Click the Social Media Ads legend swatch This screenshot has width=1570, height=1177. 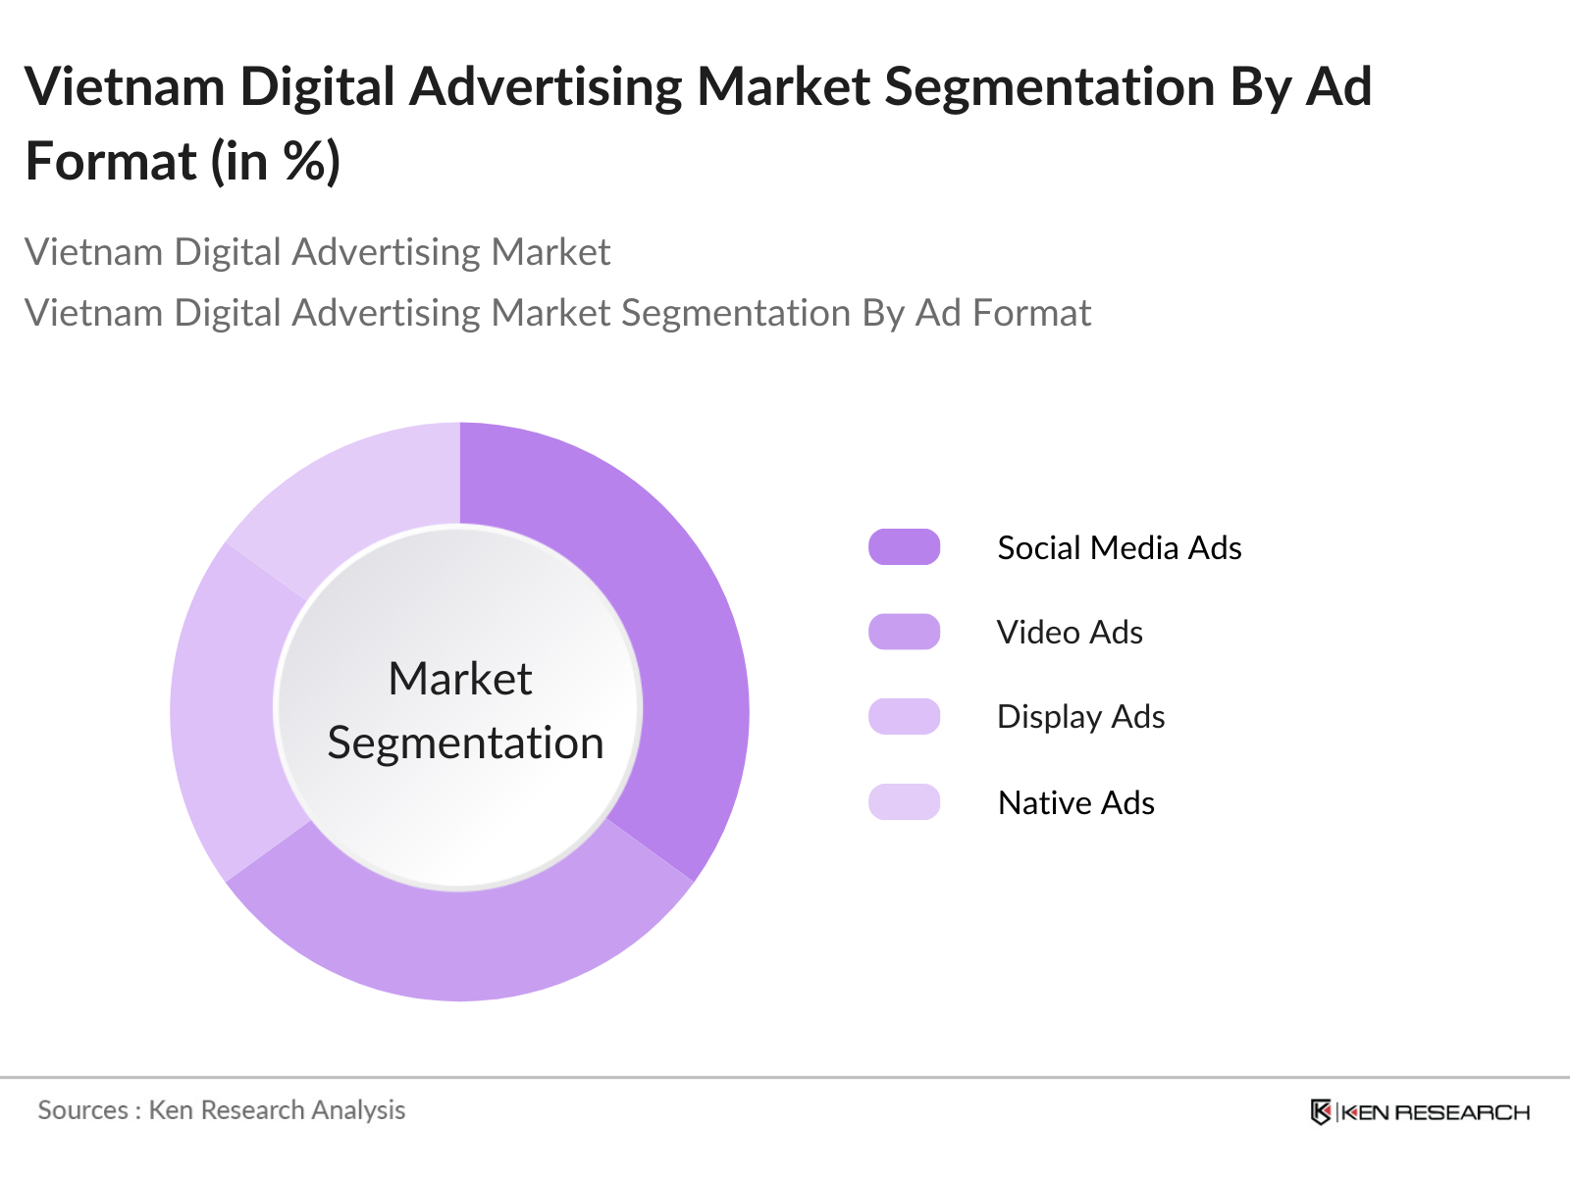pos(904,547)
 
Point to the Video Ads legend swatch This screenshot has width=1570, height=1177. pos(904,632)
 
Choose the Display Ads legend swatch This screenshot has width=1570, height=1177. pos(904,717)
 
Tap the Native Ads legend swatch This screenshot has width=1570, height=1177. pos(904,801)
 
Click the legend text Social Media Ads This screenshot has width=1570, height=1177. pos(1119,547)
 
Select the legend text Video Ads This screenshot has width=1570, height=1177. pos(1070,633)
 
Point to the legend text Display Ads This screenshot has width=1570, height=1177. pos(1080,717)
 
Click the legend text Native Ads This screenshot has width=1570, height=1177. pos(1075,802)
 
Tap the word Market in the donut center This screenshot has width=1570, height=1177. pos(460,679)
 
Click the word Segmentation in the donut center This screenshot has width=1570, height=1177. pos(465,742)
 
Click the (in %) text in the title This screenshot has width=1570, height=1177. pos(276,161)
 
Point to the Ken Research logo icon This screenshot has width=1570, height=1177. pos(1321,1112)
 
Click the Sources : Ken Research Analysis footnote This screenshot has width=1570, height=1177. pos(222,1110)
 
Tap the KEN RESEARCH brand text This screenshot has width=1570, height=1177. pos(1435,1112)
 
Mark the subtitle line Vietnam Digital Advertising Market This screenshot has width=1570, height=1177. pos(317,252)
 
